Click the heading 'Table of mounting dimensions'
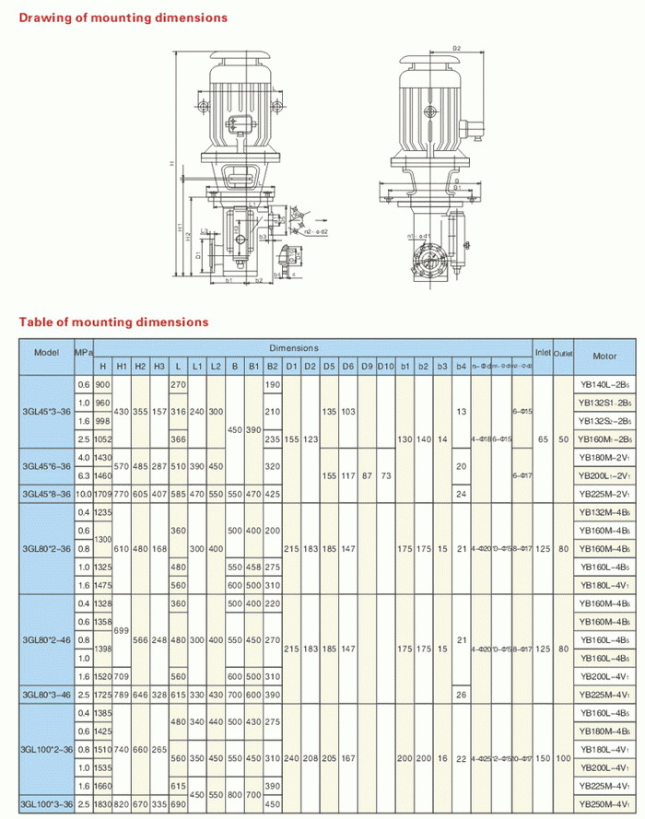[x=114, y=322]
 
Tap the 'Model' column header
[x=46, y=353]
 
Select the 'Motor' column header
[x=604, y=356]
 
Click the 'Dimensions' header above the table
[x=295, y=348]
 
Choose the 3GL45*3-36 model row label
[x=46, y=412]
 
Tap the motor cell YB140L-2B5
[x=604, y=383]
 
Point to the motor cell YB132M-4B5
[x=604, y=512]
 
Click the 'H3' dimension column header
[x=158, y=367]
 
